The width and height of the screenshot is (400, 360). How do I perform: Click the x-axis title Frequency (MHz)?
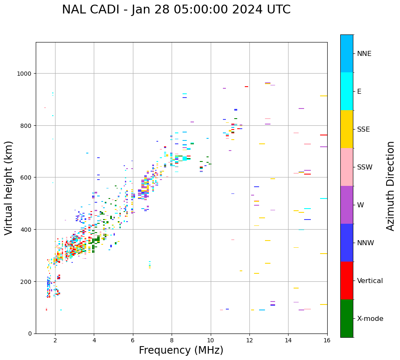click(x=181, y=350)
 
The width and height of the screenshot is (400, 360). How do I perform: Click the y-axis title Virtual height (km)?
click(x=9, y=188)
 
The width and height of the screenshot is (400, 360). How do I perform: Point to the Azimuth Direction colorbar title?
click(x=391, y=186)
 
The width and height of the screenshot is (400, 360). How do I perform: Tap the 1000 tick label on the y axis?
click(x=24, y=74)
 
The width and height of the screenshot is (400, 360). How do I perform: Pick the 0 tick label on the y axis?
click(x=30, y=334)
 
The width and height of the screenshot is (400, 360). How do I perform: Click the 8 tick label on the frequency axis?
click(x=172, y=341)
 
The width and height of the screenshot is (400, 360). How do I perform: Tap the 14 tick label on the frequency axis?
click(x=288, y=341)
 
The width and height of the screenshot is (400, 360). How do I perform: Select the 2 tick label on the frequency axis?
click(x=55, y=341)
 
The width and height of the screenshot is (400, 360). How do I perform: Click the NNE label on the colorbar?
click(x=364, y=54)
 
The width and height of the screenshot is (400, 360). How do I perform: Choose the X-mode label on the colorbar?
click(x=370, y=319)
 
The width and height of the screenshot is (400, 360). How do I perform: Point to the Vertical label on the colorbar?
click(x=370, y=281)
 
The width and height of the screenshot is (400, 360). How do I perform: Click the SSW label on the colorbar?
click(x=365, y=167)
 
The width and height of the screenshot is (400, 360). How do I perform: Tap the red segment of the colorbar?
click(x=347, y=281)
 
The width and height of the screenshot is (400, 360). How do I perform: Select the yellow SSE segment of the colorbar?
click(x=347, y=129)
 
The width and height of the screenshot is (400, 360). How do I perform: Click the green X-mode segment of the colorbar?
click(x=347, y=318)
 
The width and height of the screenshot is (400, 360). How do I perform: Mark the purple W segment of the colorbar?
click(x=347, y=205)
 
